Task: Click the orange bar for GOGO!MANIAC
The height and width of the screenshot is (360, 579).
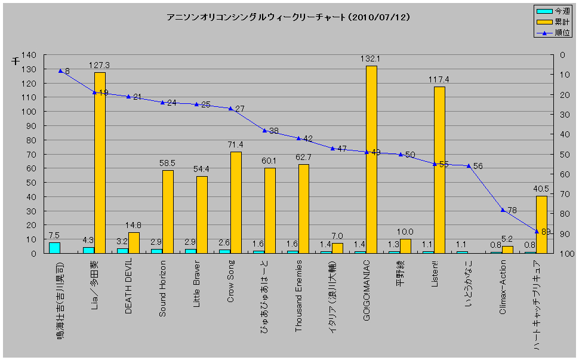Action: [371, 159]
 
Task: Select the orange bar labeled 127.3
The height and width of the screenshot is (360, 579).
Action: [100, 162]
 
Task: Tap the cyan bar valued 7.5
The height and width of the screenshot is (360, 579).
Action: [54, 248]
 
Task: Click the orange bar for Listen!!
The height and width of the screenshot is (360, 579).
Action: [439, 170]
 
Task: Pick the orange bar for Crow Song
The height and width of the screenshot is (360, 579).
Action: [236, 202]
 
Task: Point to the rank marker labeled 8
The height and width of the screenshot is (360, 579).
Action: [61, 71]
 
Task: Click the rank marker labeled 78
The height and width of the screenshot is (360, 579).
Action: [503, 210]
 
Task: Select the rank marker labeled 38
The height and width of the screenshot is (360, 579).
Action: [264, 130]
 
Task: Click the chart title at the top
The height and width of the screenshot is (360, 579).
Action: [288, 17]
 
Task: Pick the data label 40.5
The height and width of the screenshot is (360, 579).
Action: [541, 189]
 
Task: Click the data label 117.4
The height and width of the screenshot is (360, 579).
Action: [439, 79]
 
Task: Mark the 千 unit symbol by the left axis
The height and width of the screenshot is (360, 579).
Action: [16, 60]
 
